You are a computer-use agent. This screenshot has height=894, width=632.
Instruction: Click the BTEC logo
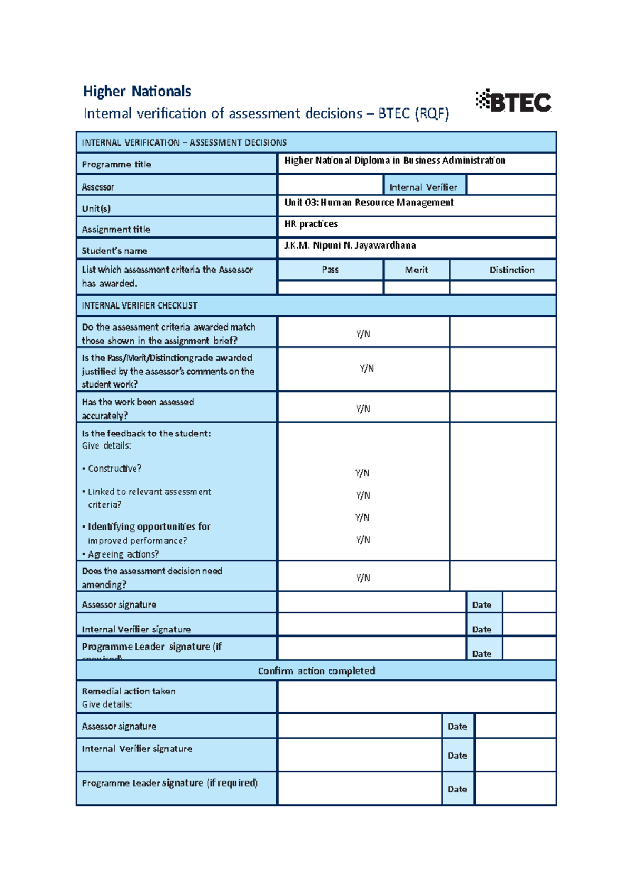[x=513, y=101]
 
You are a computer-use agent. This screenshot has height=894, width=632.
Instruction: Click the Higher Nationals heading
[x=137, y=92]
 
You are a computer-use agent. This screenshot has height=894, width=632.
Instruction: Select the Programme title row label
[x=116, y=164]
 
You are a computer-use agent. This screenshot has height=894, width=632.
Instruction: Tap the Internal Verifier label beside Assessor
[x=423, y=187]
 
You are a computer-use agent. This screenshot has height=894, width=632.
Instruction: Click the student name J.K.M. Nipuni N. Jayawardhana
[x=350, y=245]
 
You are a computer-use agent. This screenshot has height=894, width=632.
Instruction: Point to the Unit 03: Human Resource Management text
[x=369, y=203]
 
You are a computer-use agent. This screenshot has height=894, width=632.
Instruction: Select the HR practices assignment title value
[x=311, y=224]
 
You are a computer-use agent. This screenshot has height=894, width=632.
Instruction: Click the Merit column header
[x=416, y=270]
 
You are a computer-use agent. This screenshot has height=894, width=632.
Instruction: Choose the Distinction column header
[x=512, y=270]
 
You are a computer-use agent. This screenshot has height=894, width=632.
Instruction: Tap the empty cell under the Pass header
[x=330, y=287]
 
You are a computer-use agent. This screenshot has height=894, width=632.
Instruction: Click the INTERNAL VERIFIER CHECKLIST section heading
[x=140, y=305]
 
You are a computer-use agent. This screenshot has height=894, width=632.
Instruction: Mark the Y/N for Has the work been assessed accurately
[x=363, y=409]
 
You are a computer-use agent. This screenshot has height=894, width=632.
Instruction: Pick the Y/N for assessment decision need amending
[x=363, y=578]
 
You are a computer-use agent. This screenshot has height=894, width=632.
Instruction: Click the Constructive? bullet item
[x=114, y=469]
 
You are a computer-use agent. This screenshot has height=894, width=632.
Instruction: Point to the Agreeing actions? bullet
[x=123, y=554]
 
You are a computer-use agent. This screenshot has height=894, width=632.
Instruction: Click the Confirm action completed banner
[x=316, y=671]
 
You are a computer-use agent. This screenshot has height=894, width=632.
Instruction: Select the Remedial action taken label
[x=129, y=691]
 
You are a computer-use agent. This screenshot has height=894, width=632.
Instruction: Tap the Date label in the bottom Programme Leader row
[x=457, y=789]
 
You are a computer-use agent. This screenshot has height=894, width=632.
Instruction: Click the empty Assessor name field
[x=330, y=185]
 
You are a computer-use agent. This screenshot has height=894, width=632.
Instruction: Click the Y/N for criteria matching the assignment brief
[x=363, y=334]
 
